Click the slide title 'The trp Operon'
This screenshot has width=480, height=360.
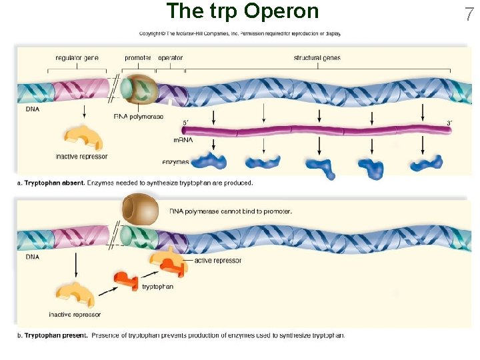(x=242, y=11)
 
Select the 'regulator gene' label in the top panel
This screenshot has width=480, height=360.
(x=77, y=58)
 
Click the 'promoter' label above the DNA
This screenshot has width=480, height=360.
(x=137, y=58)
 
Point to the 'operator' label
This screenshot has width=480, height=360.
(x=170, y=58)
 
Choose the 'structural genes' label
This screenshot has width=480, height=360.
(x=317, y=58)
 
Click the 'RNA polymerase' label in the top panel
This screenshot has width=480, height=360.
(x=139, y=117)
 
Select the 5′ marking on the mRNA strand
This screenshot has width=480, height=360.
(x=186, y=123)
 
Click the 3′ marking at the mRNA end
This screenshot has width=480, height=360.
(x=449, y=123)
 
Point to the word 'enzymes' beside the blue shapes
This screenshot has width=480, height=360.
(x=175, y=162)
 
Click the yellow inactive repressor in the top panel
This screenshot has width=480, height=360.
(x=83, y=138)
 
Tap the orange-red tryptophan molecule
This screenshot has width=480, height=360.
(x=126, y=280)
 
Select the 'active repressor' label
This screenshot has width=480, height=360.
(x=218, y=261)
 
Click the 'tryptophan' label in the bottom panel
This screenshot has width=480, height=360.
(x=157, y=287)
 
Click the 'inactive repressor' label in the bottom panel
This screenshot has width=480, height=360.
(x=75, y=314)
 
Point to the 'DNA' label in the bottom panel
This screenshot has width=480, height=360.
(x=32, y=256)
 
